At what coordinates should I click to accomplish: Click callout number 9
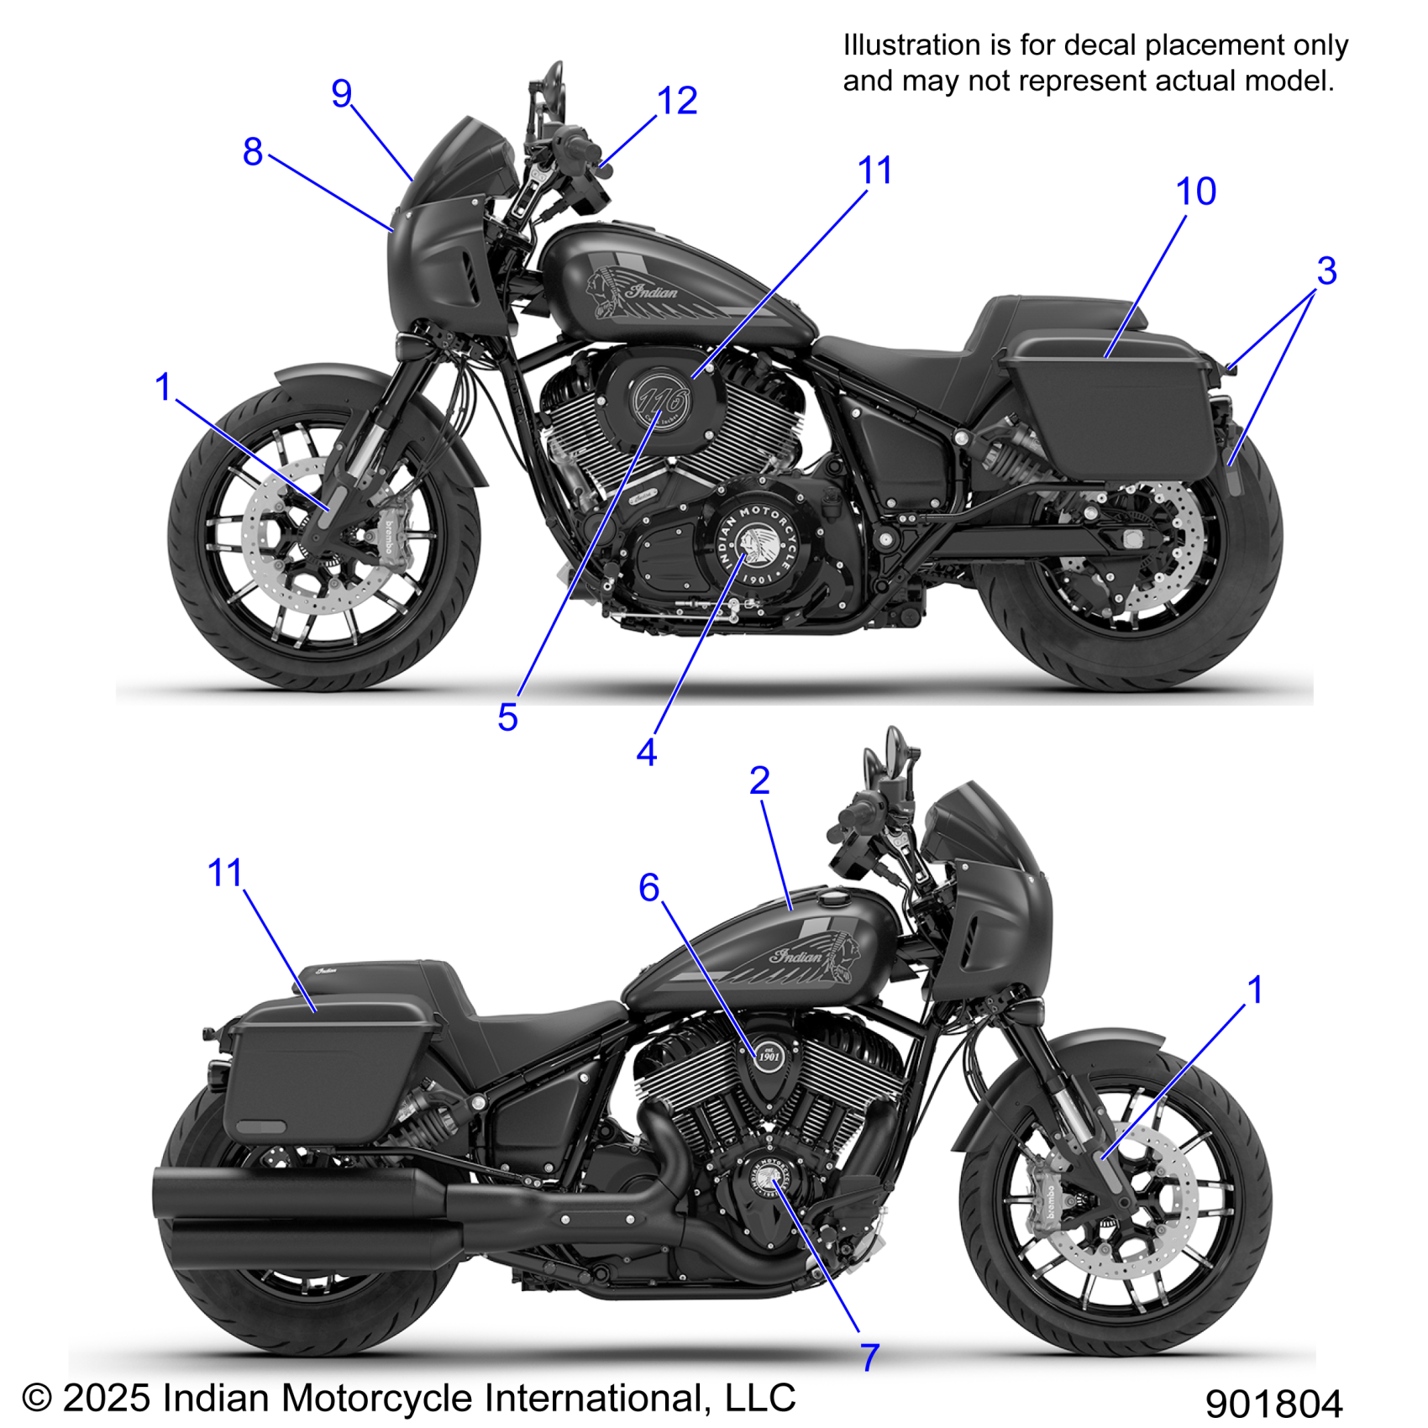pyautogui.click(x=341, y=93)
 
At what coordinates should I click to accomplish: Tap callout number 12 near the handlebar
pyautogui.click(x=677, y=102)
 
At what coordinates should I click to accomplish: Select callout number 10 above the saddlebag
pyautogui.click(x=1196, y=192)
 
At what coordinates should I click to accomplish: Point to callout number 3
pyautogui.click(x=1326, y=271)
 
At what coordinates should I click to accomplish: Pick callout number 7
pyautogui.click(x=870, y=1357)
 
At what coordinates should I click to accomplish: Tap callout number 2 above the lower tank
pyautogui.click(x=759, y=781)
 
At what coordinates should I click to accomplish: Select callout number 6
pyautogui.click(x=648, y=888)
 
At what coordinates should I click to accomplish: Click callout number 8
pyautogui.click(x=253, y=152)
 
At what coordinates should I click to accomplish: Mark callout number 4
pyautogui.click(x=646, y=753)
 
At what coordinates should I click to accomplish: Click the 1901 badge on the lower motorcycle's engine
pyautogui.click(x=769, y=1055)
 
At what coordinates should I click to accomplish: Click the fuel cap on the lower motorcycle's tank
pyautogui.click(x=835, y=899)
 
